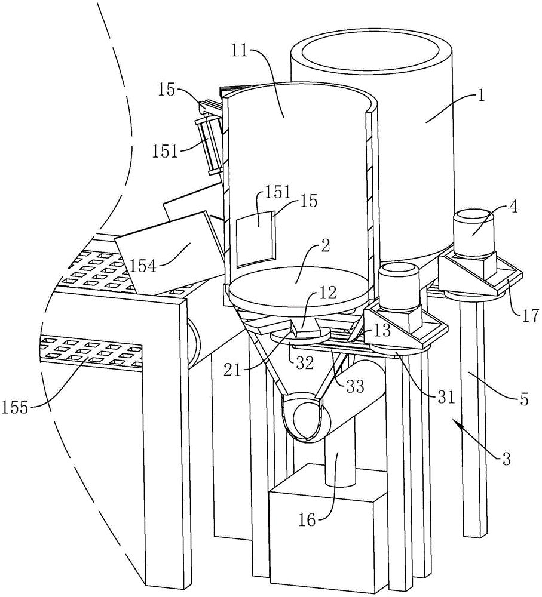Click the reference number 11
tap(240, 51)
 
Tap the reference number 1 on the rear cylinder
tap(481, 96)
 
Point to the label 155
tap(16, 408)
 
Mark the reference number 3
tap(505, 458)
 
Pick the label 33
tap(355, 387)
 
